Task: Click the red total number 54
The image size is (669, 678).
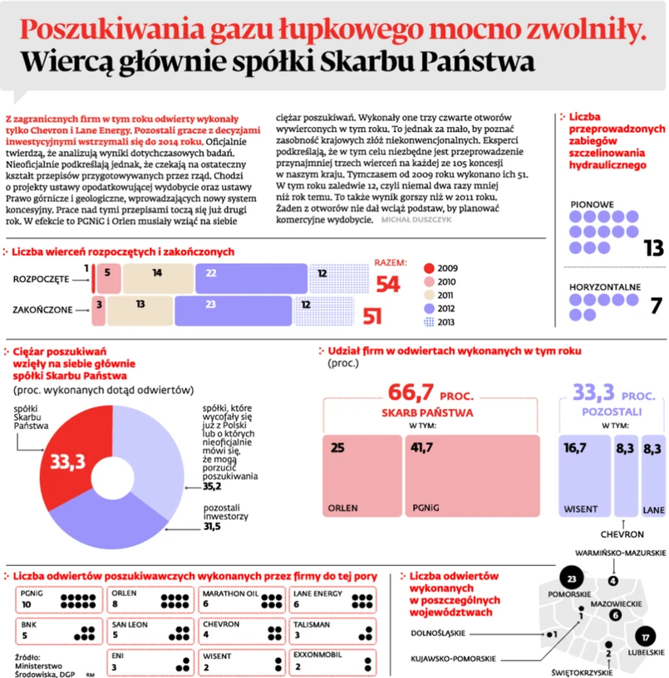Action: (388, 285)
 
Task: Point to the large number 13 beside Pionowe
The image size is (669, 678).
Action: (653, 246)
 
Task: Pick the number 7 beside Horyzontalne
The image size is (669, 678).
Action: (655, 306)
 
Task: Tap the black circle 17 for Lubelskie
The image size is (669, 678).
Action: (645, 637)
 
